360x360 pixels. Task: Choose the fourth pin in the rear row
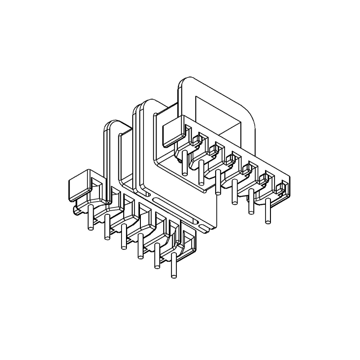(234, 191)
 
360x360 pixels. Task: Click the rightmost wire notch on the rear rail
(282, 187)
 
